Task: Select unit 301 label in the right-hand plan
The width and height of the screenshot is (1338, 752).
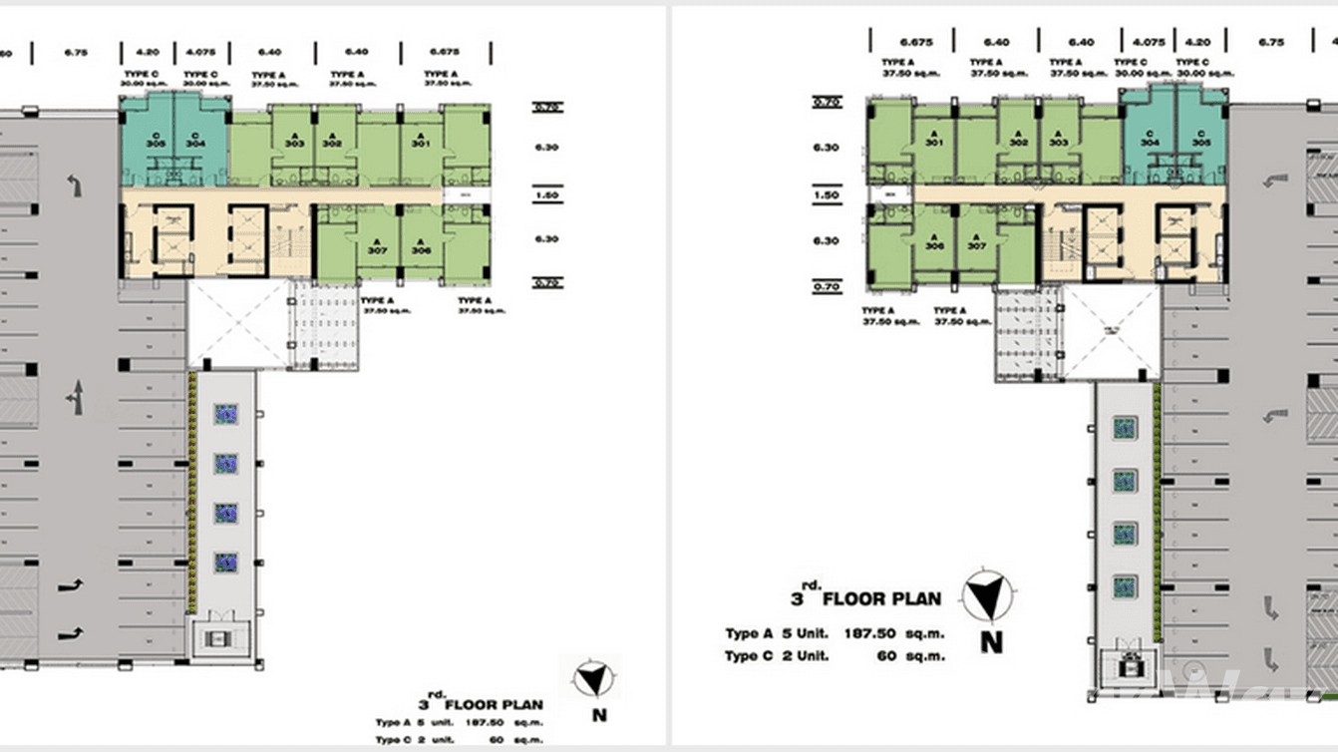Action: [x=933, y=140]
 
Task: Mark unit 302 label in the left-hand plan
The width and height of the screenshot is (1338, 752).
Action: [x=333, y=141]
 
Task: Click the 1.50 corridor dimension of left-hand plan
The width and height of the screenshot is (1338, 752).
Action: [x=546, y=196]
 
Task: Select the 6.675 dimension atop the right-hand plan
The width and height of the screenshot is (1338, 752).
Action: [x=911, y=43]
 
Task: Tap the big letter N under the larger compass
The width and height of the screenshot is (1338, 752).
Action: [x=990, y=643]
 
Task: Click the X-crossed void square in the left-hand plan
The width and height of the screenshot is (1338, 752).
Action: [x=237, y=324]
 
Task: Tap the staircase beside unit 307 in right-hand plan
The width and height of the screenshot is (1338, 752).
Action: [x=1061, y=245]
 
